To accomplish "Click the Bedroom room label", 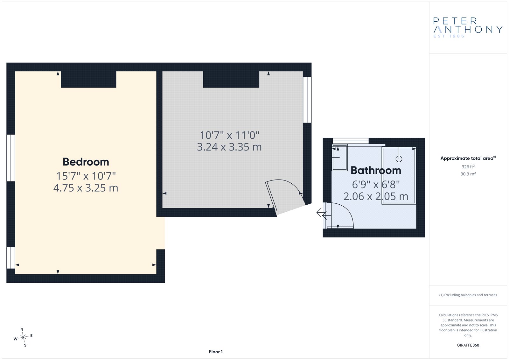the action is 86,162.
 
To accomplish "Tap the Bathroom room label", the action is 376,170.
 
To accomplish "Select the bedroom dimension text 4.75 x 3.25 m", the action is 86,188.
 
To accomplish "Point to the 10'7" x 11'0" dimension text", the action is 229,135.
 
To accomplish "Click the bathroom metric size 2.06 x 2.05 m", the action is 376,196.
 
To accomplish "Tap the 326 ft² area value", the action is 468,166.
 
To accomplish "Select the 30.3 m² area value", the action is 468,174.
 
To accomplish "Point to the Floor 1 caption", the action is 216,352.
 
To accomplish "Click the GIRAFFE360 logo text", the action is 468,345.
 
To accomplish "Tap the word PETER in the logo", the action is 455,21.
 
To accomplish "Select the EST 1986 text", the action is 449,36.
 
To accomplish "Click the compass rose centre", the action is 23,337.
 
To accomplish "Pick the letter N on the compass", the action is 22,329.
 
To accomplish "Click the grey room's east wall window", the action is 307,100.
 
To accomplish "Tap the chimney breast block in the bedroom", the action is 89,79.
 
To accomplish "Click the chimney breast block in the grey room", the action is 231,79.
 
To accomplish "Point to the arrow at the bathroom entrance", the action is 322,214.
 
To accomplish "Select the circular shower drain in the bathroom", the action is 399,159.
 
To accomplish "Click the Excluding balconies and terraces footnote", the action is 468,295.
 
